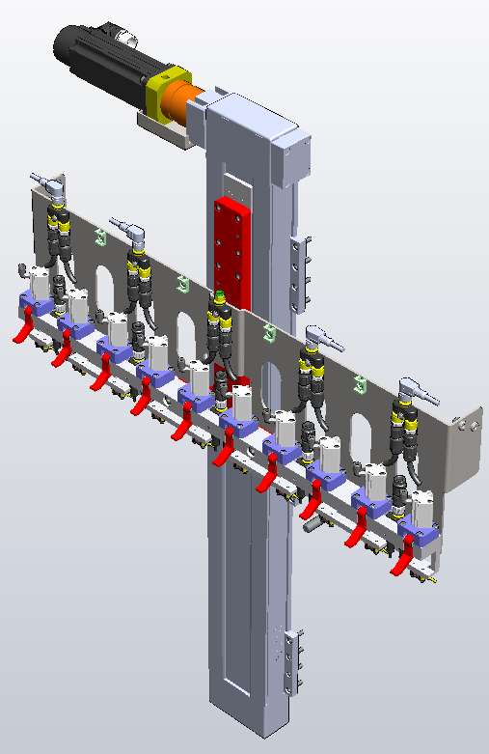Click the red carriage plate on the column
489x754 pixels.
click(x=232, y=252)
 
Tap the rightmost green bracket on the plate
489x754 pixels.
click(x=359, y=384)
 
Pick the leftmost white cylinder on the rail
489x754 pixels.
click(x=39, y=283)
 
